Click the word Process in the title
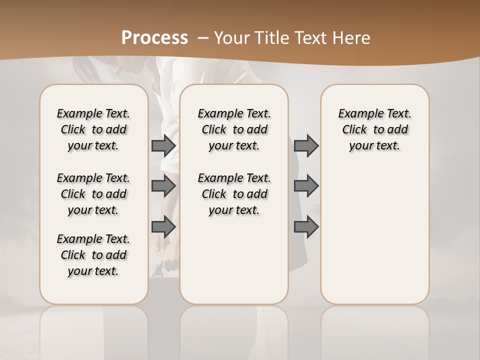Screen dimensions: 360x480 coord(154,38)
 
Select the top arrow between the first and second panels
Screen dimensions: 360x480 coord(163,146)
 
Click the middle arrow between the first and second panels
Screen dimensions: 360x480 coord(163,186)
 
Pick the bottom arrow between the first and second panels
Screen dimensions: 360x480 coord(163,227)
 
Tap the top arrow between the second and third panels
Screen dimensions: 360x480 coord(306,146)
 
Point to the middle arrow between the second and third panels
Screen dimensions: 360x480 coord(306,186)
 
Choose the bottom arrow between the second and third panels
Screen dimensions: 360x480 coord(306,227)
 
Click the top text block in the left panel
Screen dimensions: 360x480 coord(93,129)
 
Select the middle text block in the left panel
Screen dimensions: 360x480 coord(93,194)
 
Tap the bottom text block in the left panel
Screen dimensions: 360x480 coord(93,255)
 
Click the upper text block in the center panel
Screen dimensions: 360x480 coord(234,129)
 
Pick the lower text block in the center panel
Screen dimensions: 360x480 coord(234,194)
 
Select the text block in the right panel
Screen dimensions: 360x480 coord(374,129)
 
